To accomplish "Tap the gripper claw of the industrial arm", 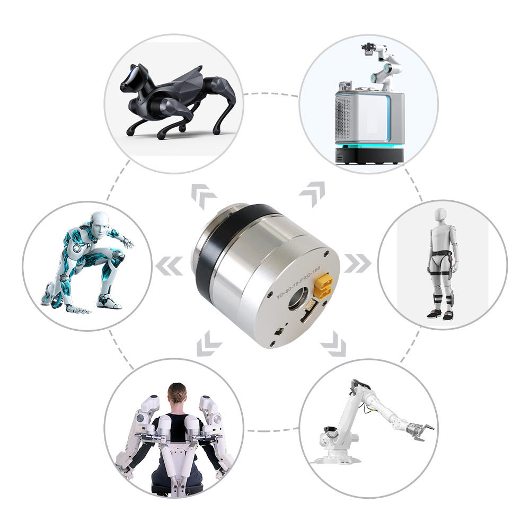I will pyautogui.click(x=421, y=431).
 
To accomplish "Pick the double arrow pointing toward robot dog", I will pyautogui.click(x=203, y=196).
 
